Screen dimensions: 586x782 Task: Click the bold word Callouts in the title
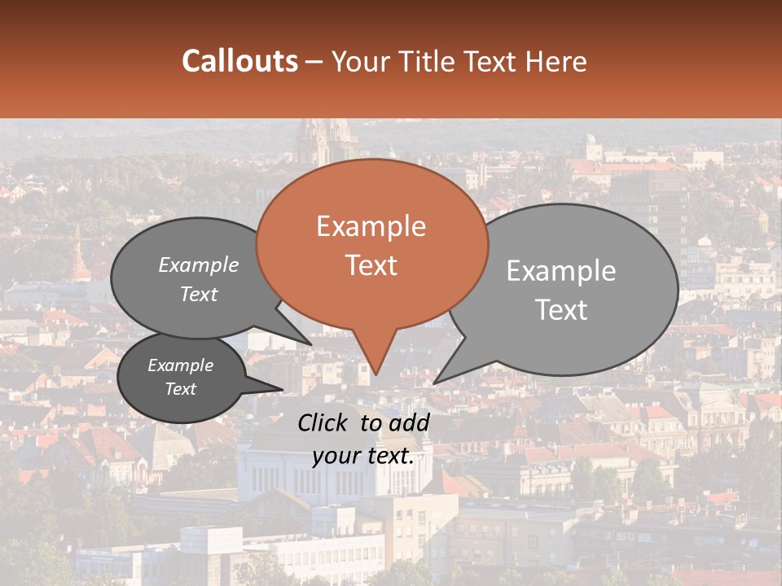tap(239, 61)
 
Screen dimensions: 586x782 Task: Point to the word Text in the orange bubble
tap(371, 265)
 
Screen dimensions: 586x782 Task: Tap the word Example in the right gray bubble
tap(561, 270)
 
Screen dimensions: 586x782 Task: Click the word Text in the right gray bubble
tap(561, 309)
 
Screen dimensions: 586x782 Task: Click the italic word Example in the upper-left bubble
tap(199, 265)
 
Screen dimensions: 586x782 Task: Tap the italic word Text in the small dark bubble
tap(181, 389)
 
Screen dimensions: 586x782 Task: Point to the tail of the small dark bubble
tap(277, 389)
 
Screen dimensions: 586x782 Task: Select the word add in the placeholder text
tap(410, 422)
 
